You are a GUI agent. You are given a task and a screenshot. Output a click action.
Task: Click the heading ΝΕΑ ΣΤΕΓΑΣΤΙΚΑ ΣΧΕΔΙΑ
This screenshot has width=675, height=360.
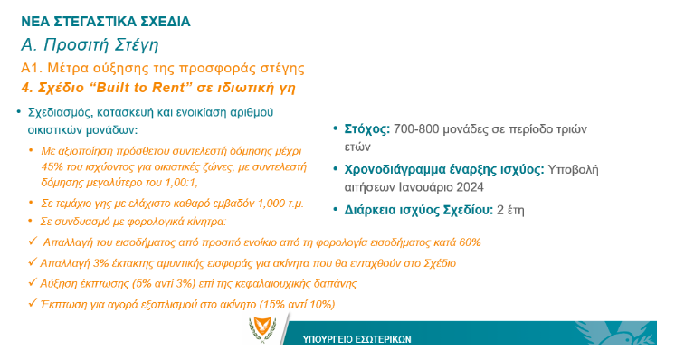106,22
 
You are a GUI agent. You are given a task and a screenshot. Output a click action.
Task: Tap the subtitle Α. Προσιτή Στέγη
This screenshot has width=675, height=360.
90,44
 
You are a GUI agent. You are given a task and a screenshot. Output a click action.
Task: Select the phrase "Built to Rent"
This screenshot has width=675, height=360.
141,88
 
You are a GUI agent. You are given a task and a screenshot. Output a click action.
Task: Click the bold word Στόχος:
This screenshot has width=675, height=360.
367,129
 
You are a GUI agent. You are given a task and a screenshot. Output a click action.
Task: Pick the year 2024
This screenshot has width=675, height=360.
471,187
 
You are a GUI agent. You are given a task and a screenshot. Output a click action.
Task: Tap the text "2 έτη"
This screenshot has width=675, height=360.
510,210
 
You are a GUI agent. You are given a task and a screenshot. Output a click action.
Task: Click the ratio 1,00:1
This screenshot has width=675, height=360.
181,183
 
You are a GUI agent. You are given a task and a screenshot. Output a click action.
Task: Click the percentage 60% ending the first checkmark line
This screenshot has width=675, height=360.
470,242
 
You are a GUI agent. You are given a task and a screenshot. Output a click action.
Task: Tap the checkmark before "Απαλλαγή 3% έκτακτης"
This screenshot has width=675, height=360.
33,262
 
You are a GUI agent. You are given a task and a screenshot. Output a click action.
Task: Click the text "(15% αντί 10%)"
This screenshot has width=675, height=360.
297,305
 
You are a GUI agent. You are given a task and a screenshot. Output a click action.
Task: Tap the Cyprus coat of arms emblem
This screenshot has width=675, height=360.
262,329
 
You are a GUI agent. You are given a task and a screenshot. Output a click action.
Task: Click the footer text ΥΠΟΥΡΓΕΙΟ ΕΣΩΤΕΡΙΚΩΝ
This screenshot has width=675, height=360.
357,339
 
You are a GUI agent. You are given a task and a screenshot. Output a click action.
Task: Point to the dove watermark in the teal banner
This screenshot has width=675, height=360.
616,333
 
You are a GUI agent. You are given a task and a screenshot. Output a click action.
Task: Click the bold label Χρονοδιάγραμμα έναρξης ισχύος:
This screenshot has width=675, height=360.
444,169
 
